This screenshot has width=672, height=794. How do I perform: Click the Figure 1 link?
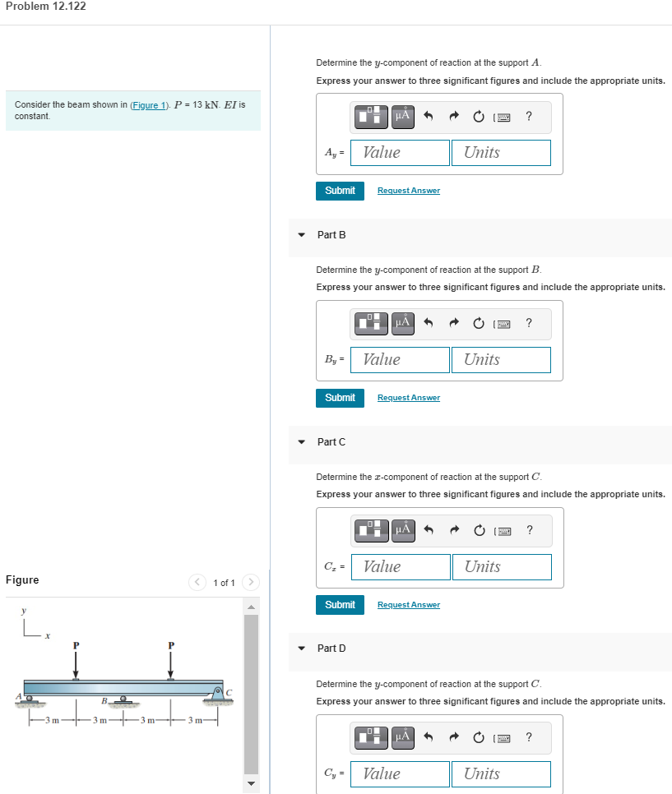coord(149,106)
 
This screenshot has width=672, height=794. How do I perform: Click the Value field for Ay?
coord(404,152)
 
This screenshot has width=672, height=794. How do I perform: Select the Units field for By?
coord(500,359)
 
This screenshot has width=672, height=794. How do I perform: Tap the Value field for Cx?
coord(404,566)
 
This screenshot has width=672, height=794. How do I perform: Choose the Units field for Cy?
coord(500,773)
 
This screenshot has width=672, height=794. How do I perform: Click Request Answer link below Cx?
coord(409,605)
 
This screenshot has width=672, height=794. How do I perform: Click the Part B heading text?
coord(331,234)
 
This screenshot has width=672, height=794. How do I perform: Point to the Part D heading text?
coord(331,649)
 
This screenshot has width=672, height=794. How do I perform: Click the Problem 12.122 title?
coord(45,7)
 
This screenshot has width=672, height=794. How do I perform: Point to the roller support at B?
coord(123,702)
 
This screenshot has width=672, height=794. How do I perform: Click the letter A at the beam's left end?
coord(17,697)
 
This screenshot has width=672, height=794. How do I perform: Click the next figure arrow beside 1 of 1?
coord(251,583)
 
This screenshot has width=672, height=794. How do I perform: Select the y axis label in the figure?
coord(24,612)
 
